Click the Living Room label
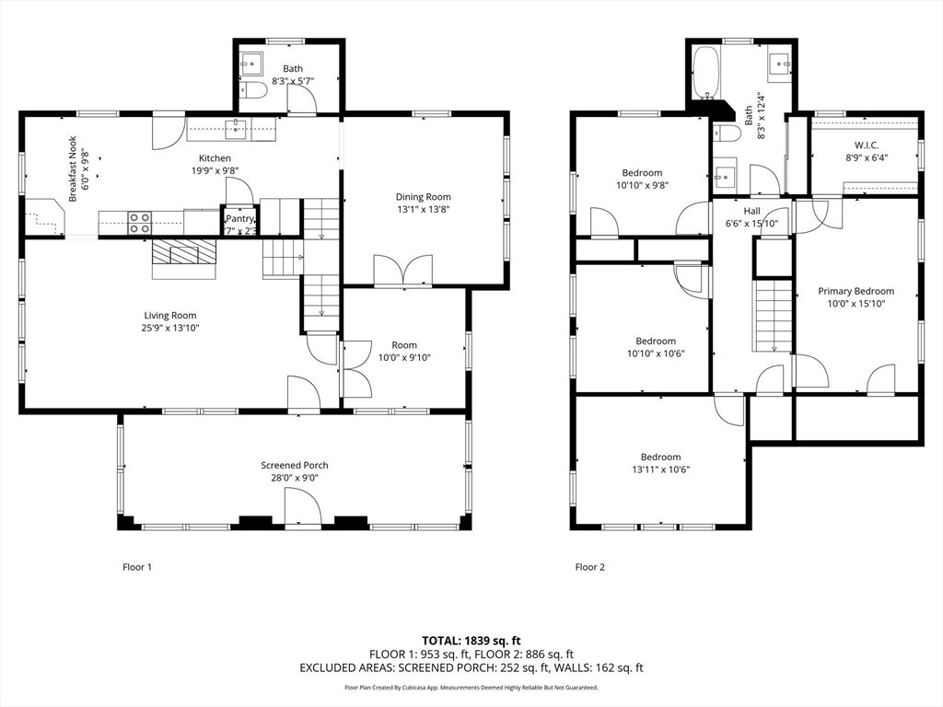click(x=170, y=315)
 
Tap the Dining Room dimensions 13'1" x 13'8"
click(x=424, y=209)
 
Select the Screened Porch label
click(x=295, y=465)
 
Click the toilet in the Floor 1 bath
click(x=253, y=90)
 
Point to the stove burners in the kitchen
click(x=140, y=223)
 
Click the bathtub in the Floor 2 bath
click(x=704, y=74)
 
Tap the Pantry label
click(x=240, y=219)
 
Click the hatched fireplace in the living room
click(x=183, y=252)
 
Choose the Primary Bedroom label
click(x=856, y=291)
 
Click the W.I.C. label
click(x=867, y=145)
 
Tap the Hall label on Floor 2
click(x=751, y=211)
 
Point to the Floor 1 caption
click(x=137, y=567)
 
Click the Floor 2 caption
click(x=590, y=567)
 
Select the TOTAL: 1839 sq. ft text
click(x=471, y=641)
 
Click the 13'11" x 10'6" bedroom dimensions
click(x=660, y=469)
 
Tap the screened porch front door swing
click(x=303, y=507)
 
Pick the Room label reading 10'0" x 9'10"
click(x=404, y=352)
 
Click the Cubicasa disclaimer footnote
click(x=471, y=687)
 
